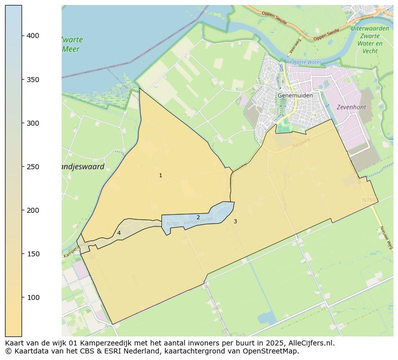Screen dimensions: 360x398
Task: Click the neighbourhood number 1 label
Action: pos(160,176)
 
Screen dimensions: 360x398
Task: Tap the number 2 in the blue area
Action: pos(198,217)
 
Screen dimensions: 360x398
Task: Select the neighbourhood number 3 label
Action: pos(235,221)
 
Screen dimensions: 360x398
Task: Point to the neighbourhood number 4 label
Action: pos(119,233)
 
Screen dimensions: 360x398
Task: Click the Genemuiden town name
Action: pos(295,95)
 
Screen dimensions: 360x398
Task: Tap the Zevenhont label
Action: pos(351,107)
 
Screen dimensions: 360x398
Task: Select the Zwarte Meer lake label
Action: pos(72,44)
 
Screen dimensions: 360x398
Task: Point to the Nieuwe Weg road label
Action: pos(385,237)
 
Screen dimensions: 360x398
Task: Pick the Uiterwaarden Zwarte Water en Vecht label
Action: pos(370,40)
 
